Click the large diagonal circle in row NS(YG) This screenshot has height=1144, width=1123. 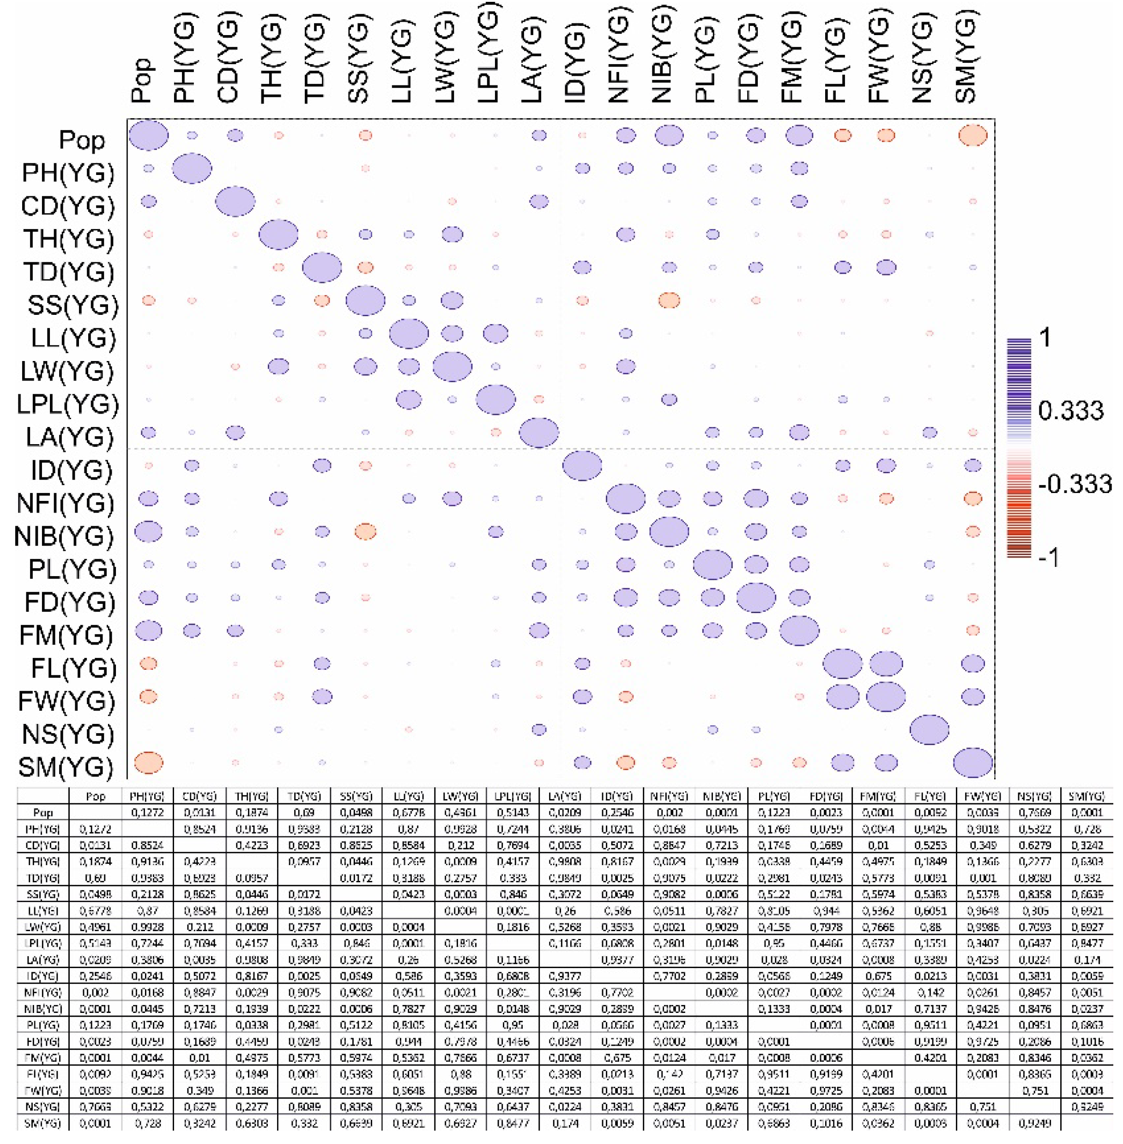tap(929, 729)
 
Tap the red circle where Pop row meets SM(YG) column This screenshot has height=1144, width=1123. tap(972, 136)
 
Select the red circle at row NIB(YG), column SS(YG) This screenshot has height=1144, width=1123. tap(365, 531)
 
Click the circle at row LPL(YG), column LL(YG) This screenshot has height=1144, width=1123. tap(408, 400)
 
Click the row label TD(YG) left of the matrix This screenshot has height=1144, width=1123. tap(68, 272)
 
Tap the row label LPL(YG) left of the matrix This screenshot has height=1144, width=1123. tap(67, 404)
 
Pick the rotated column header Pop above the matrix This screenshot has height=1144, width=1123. tap(142, 79)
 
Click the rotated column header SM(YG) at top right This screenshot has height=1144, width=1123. tap(965, 59)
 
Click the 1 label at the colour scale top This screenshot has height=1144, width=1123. tap(1045, 338)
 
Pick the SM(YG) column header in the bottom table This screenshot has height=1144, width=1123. tap(1086, 796)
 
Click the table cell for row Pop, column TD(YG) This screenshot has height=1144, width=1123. tap(305, 813)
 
